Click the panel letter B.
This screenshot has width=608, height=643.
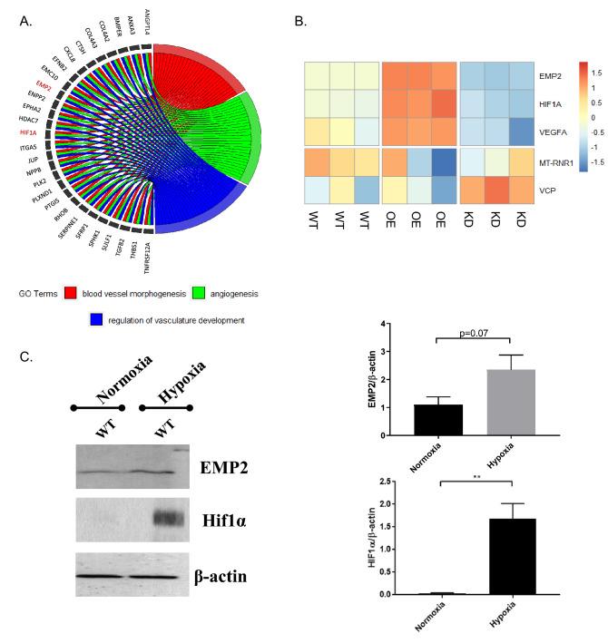(x=300, y=15)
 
